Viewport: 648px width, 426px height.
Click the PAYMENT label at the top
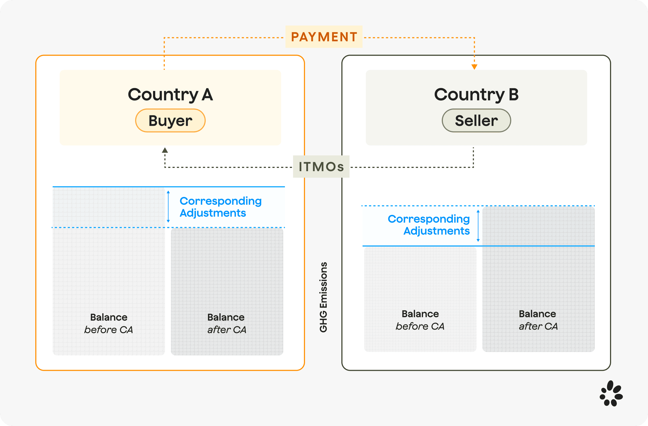(x=324, y=37)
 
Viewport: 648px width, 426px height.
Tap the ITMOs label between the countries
(x=321, y=167)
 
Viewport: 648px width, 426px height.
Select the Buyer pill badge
(x=170, y=120)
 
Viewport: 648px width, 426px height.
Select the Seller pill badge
(x=476, y=120)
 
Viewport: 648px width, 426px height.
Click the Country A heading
(x=170, y=95)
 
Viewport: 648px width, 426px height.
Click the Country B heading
(x=476, y=95)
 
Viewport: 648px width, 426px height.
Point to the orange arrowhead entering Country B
(x=474, y=67)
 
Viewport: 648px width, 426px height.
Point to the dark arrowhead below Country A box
(x=165, y=150)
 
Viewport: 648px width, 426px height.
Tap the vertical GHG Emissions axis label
(x=323, y=297)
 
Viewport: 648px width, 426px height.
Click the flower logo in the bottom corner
(x=611, y=393)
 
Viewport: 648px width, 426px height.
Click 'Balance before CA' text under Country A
(x=109, y=324)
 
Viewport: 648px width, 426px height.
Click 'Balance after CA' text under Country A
(x=227, y=324)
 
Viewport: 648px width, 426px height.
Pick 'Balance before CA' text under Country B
(x=420, y=320)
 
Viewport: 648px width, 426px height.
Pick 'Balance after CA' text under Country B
(x=538, y=320)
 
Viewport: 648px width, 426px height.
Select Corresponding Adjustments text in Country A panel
(x=220, y=207)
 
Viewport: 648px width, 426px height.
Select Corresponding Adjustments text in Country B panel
(x=428, y=225)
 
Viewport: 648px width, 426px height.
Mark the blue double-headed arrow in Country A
(x=168, y=206)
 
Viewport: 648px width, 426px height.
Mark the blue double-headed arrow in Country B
(x=478, y=226)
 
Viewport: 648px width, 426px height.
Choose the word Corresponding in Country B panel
(x=428, y=219)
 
